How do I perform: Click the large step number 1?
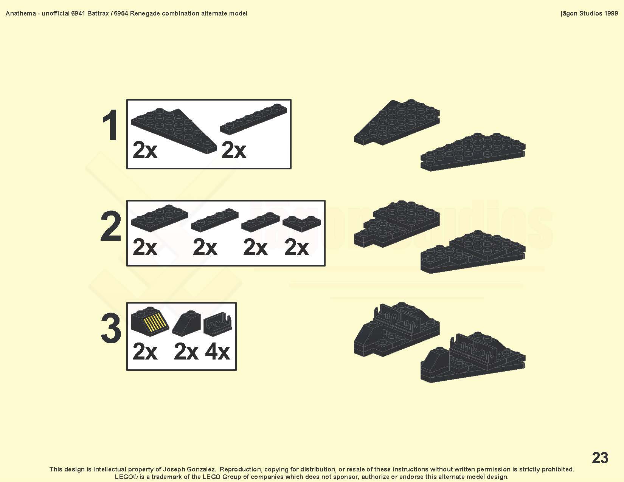110,125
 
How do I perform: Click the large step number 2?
111,226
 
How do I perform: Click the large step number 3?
111,328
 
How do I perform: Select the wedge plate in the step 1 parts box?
174,131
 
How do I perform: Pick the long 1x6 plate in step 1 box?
253,119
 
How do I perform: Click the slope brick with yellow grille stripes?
150,321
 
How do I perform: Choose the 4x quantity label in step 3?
217,352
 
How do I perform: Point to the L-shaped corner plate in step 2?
302,223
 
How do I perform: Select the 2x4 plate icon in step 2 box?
159,218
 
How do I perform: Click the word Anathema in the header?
21,14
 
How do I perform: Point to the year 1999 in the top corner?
611,14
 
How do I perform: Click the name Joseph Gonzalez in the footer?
189,469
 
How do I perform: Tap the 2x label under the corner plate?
296,247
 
